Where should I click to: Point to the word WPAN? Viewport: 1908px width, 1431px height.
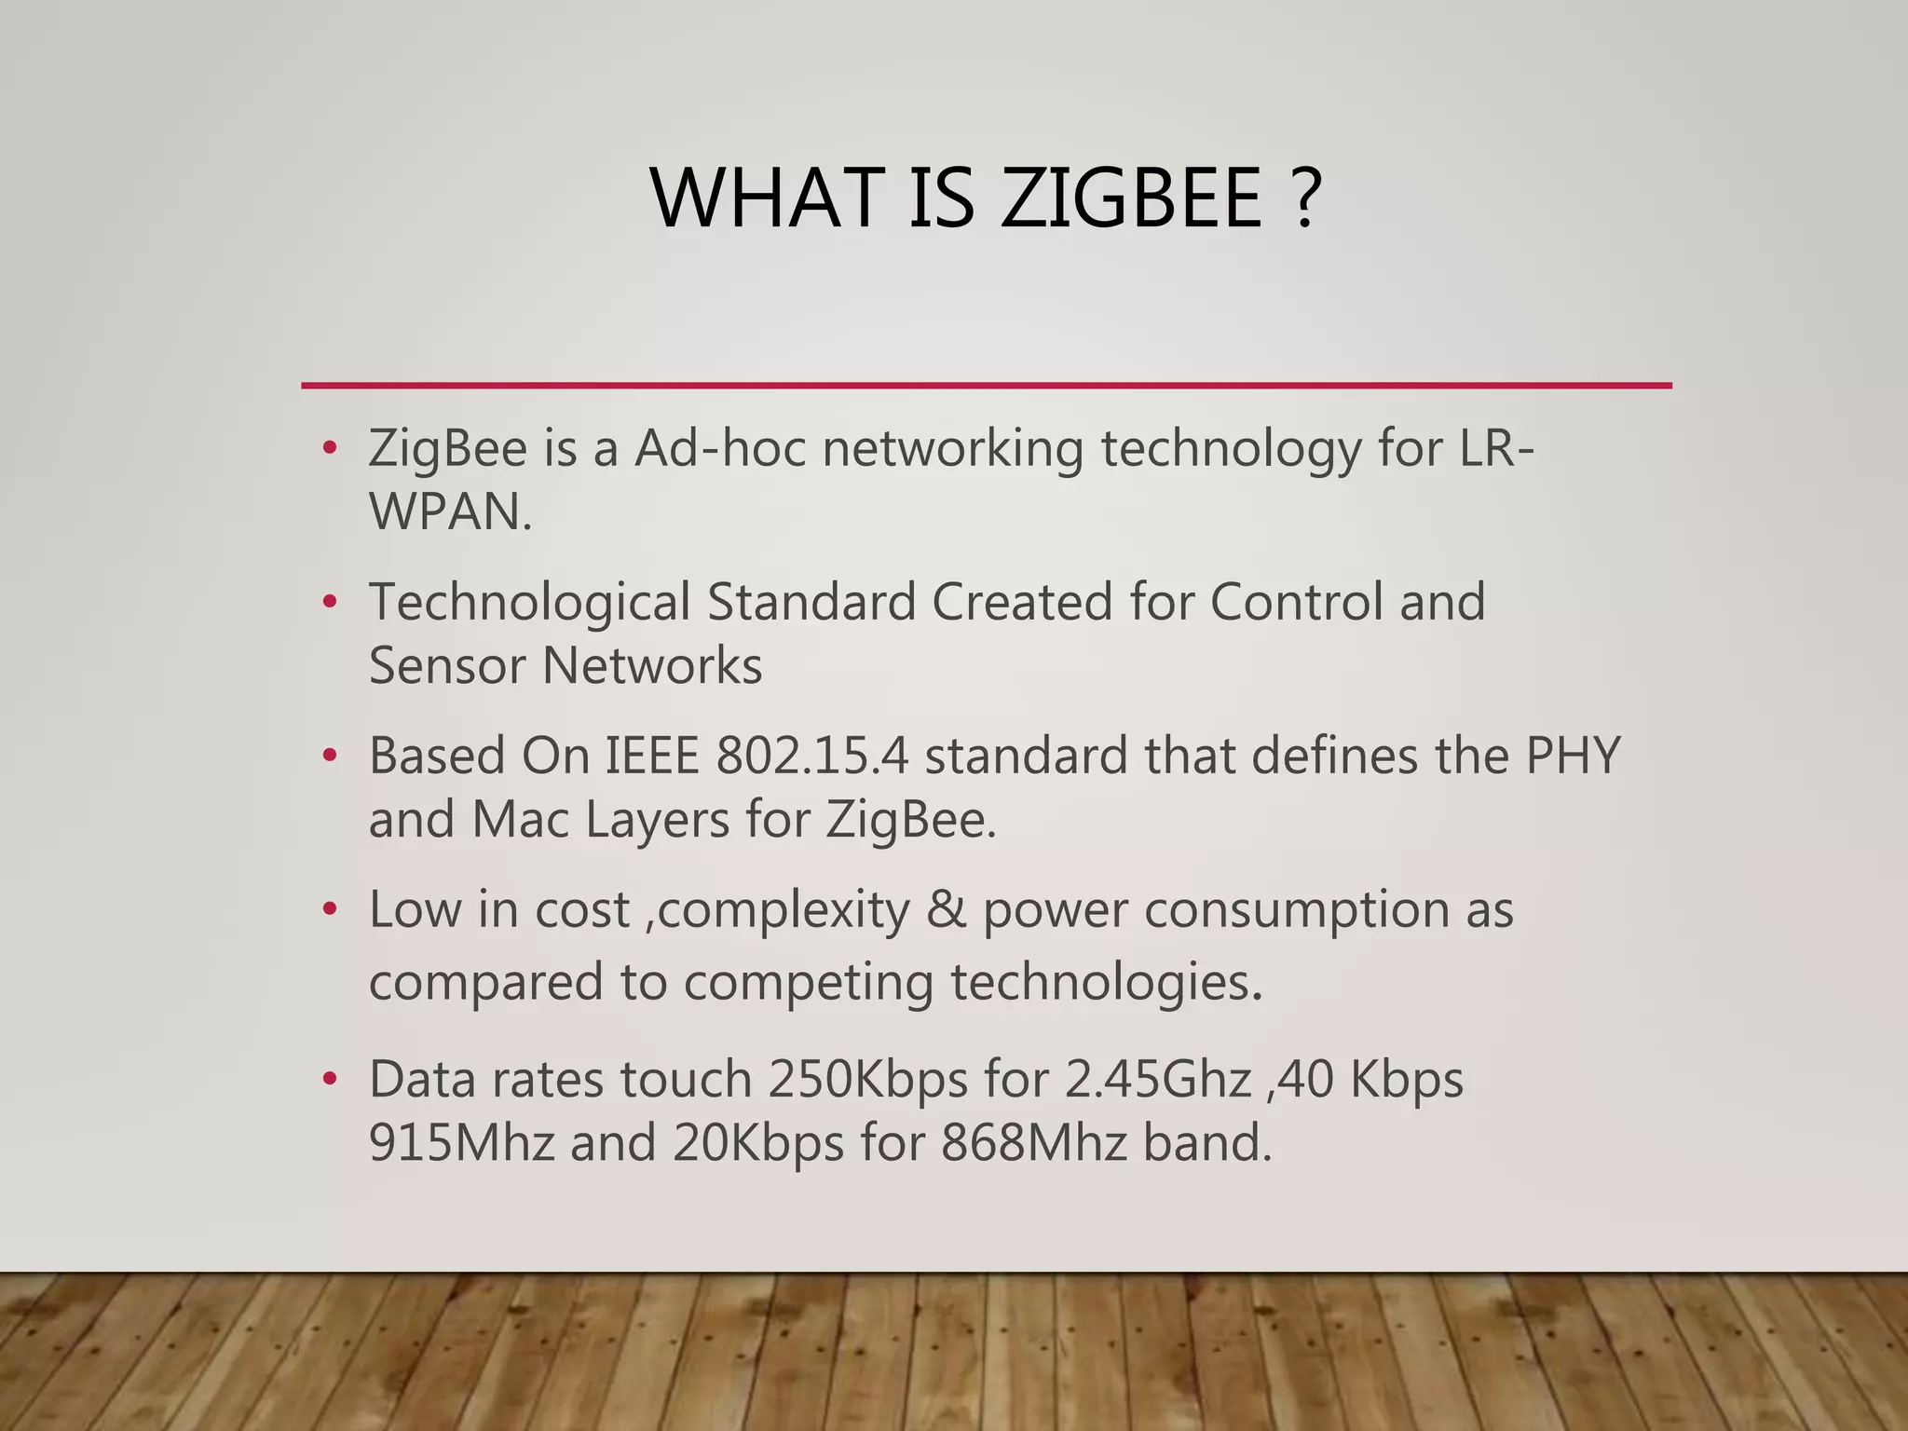tap(450, 511)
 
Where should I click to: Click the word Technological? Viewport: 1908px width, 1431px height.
tap(529, 602)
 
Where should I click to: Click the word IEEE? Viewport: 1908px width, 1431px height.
tap(651, 756)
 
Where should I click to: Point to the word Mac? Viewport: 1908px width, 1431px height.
tap(520, 820)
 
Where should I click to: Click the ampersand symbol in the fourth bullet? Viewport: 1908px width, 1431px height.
tap(946, 909)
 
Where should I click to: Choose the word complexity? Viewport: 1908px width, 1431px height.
tap(784, 911)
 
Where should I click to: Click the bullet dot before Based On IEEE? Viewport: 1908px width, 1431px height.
tap(328, 756)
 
